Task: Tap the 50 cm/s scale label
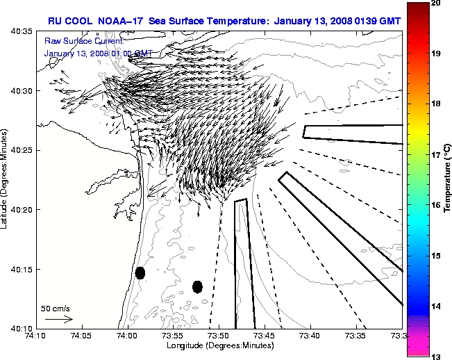(x=56, y=308)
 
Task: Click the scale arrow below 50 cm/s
(x=58, y=319)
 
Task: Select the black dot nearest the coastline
(x=140, y=272)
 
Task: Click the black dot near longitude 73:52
(x=197, y=286)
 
